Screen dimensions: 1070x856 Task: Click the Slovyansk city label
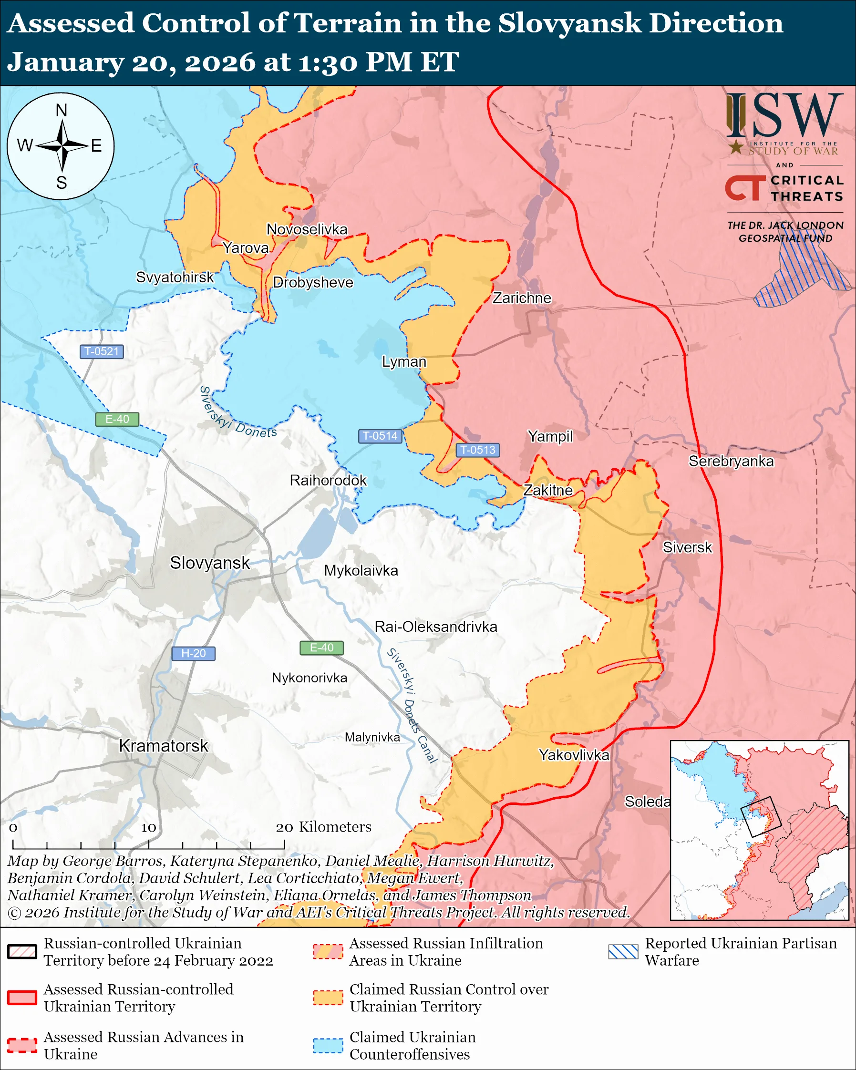(209, 563)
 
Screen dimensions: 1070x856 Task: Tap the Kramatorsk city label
(163, 745)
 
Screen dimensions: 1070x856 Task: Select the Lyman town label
(403, 361)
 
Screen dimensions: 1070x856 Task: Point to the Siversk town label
(687, 547)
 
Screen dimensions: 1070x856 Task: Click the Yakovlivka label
(574, 755)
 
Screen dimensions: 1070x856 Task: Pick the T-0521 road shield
(101, 351)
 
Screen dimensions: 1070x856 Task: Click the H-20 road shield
(193, 653)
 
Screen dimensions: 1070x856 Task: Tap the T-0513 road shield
(477, 450)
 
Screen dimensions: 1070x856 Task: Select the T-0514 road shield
(380, 436)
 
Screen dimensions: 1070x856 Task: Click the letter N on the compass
(61, 110)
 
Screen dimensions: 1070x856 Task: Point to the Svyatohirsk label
(175, 277)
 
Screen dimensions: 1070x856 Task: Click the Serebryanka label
(731, 461)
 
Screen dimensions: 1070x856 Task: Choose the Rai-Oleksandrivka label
(435, 627)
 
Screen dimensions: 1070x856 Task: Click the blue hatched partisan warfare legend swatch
(623, 951)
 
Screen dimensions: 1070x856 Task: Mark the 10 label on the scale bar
(148, 827)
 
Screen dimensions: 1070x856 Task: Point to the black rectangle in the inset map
(761, 816)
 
